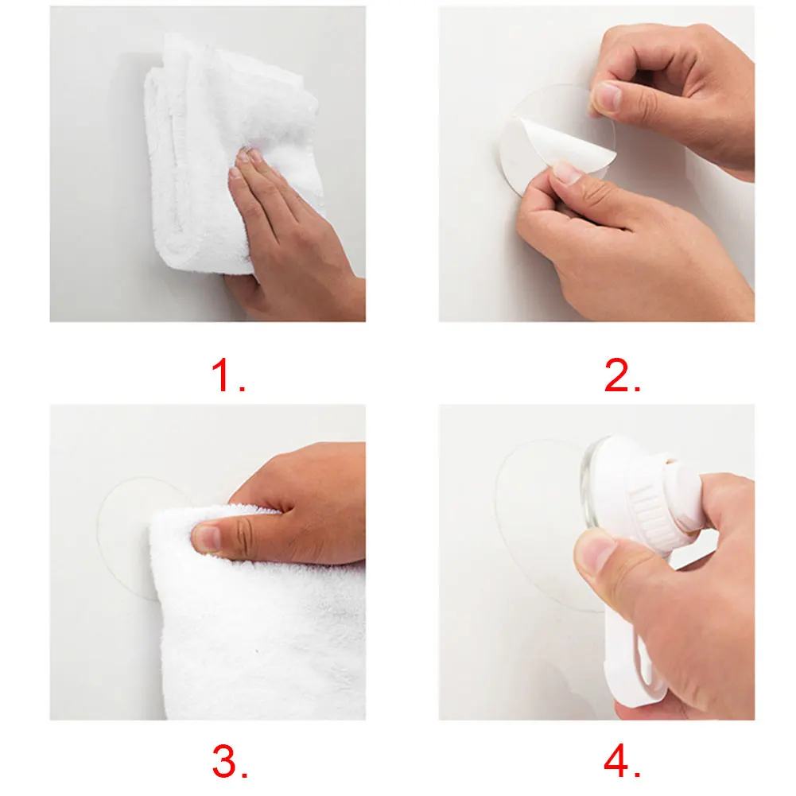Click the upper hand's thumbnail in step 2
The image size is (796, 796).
coord(608,96)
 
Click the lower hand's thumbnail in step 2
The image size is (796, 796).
coord(567,173)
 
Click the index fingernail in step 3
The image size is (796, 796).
coord(206,538)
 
